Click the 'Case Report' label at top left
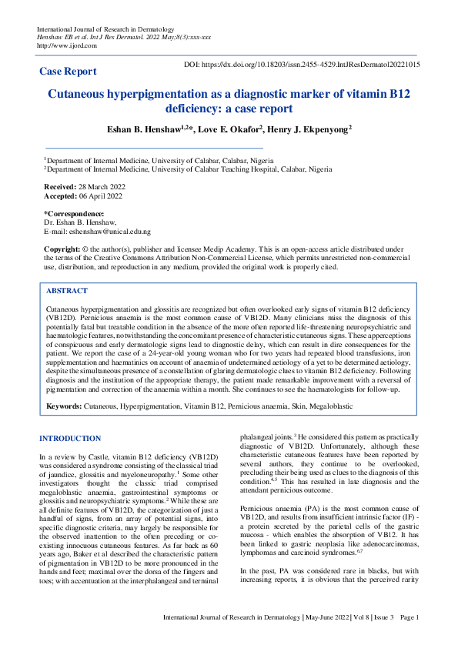68,72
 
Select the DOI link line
303,65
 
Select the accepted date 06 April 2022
99,196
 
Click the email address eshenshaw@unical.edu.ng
109,231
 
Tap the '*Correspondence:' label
74,213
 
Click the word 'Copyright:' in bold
62,249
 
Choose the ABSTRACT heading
67,292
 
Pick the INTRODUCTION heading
70,439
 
